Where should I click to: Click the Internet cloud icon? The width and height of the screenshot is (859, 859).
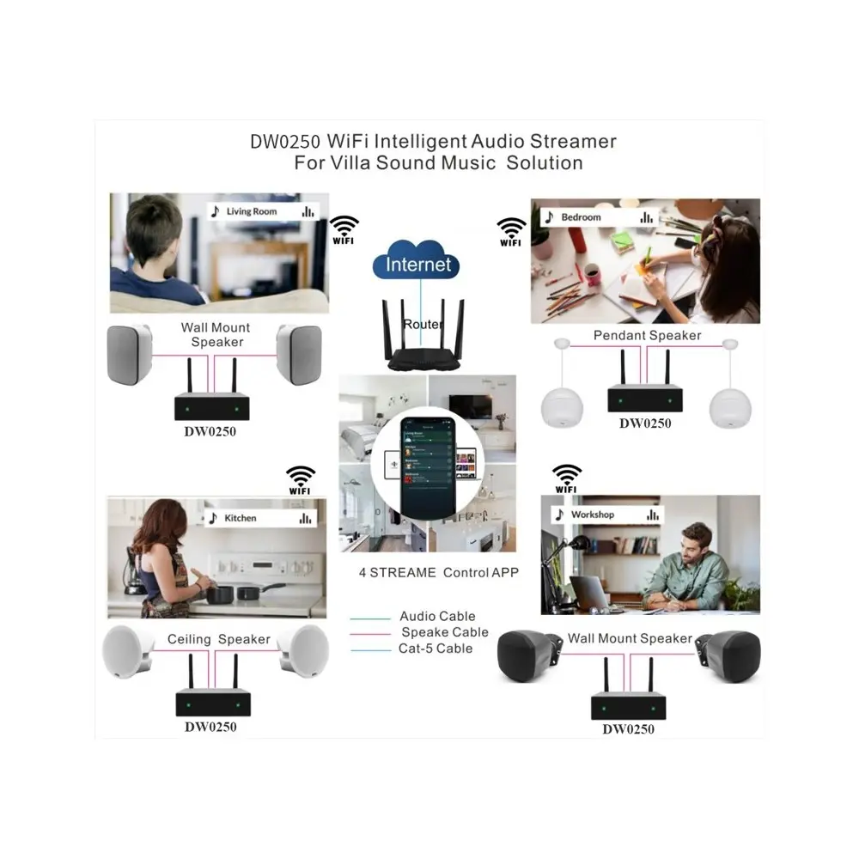[417, 264]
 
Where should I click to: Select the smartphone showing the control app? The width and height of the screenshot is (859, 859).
[426, 469]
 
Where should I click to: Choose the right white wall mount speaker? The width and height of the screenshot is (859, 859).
[299, 354]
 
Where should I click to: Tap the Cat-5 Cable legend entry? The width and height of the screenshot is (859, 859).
[435, 649]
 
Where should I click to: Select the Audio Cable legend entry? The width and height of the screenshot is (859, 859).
[436, 616]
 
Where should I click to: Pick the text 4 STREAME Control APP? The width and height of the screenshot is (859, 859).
[438, 572]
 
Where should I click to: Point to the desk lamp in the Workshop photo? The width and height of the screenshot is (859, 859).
[573, 550]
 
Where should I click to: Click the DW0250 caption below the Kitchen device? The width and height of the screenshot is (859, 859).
[210, 727]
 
